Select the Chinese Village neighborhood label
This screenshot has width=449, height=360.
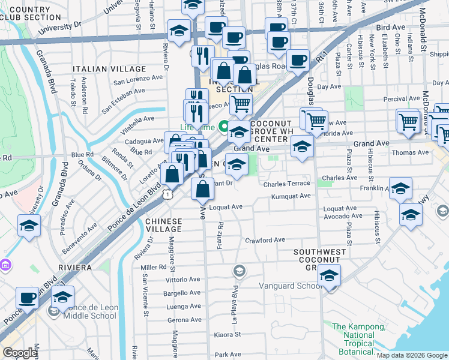[x=163, y=225]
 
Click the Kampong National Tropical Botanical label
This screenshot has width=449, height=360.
[x=360, y=339]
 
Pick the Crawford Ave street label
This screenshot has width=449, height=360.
[x=265, y=240]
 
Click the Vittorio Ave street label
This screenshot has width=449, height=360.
[x=182, y=280]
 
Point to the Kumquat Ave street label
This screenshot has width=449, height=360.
[x=291, y=196]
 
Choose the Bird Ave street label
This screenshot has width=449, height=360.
[x=391, y=28]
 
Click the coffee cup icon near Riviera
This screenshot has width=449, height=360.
[x=27, y=298]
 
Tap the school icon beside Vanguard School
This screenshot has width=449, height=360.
[x=329, y=276]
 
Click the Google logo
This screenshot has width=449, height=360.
[x=19, y=353]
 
